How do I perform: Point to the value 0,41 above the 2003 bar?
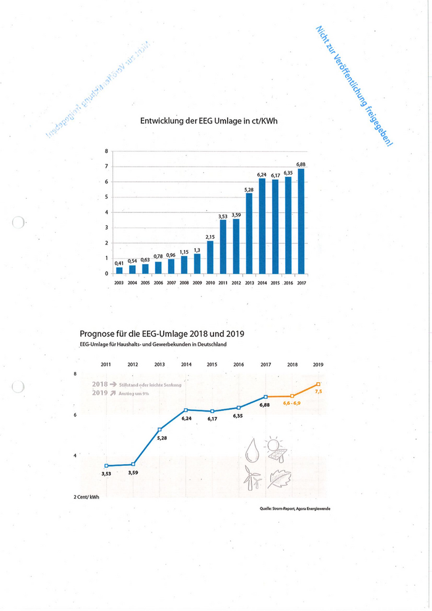pyautogui.click(x=119, y=264)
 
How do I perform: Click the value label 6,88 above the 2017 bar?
pyautogui.click(x=301, y=164)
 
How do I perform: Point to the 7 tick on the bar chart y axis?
pyautogui.click(x=106, y=167)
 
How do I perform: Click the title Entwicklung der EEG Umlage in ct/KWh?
pyautogui.click(x=209, y=122)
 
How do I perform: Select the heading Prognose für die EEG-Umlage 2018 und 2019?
pyautogui.click(x=162, y=333)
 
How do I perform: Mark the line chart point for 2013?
pyautogui.click(x=160, y=430)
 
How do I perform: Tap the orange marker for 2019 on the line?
pyautogui.click(x=318, y=384)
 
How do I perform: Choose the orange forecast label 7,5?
pyautogui.click(x=318, y=391)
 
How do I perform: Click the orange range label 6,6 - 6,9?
pyautogui.click(x=292, y=402)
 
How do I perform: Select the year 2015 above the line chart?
pyautogui.click(x=212, y=365)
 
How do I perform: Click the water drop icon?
pyautogui.click(x=252, y=450)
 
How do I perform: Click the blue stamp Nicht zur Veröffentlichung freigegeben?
pyautogui.click(x=354, y=86)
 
